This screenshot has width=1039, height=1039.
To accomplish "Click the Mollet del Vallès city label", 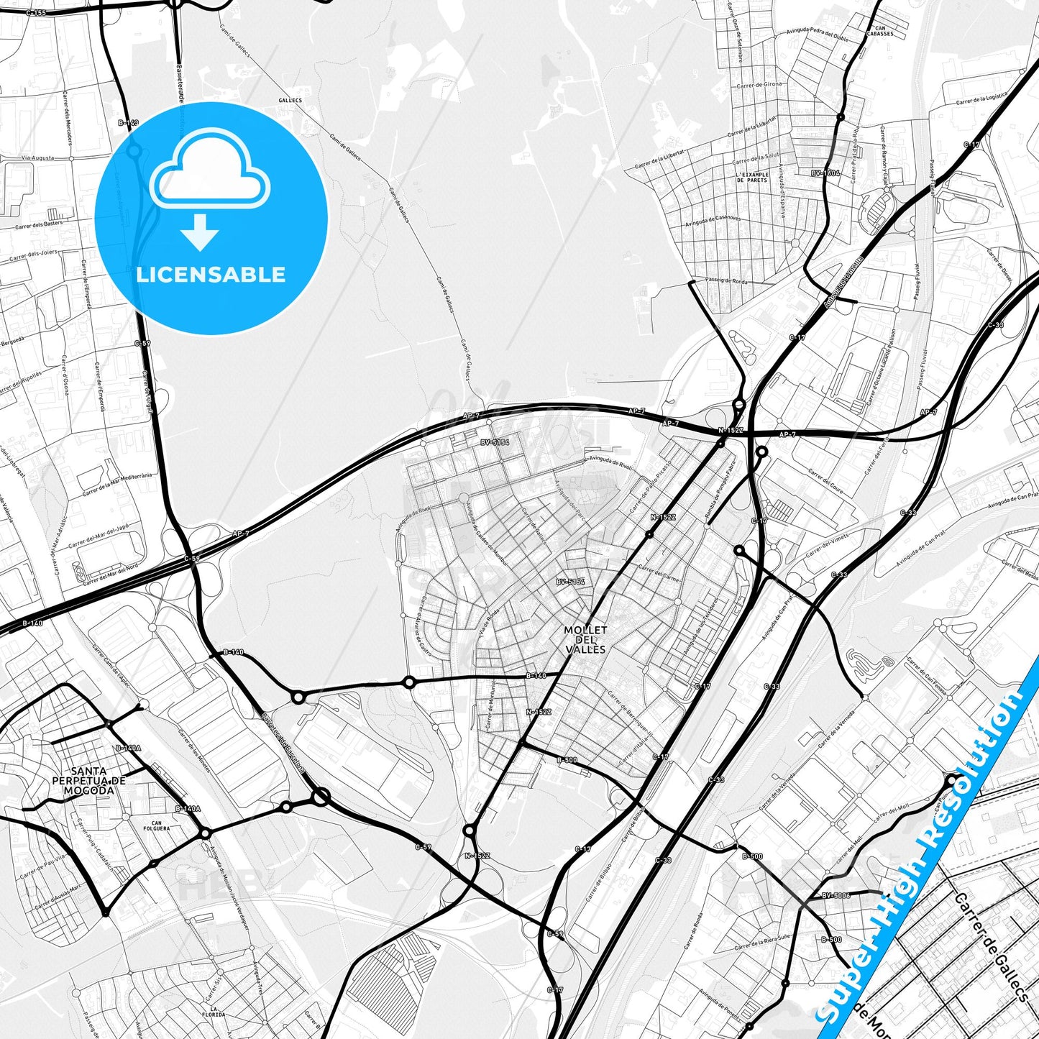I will (585, 639).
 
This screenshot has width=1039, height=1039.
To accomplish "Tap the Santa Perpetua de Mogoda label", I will (89, 780).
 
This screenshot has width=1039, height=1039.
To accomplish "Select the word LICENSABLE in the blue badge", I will (211, 275).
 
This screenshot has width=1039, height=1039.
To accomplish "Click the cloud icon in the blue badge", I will (210, 171).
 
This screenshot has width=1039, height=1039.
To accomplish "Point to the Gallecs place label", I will (290, 101).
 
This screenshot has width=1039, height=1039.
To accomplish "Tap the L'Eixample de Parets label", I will (752, 177).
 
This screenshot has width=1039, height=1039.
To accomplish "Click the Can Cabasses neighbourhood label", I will (880, 31).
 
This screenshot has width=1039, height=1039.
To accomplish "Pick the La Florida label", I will (214, 1012).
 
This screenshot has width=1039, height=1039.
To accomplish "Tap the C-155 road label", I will (35, 13).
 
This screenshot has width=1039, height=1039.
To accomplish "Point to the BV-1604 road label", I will (825, 173).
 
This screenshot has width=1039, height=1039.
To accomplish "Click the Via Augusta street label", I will (37, 157).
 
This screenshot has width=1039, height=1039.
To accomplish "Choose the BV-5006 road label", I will (836, 895).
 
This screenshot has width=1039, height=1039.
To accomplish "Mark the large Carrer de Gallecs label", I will (992, 946).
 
